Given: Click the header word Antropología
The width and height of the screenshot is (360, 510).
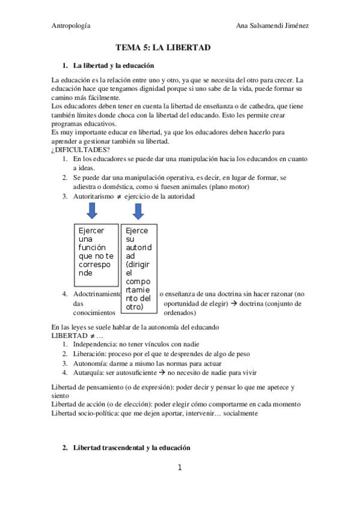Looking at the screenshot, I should pos(71,26).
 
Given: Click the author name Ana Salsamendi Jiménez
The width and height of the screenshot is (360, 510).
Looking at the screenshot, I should pos(273,26).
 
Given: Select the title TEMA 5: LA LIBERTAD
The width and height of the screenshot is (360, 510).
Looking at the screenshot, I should pos(163,48).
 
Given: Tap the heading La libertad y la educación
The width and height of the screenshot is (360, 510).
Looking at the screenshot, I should pos(114,65).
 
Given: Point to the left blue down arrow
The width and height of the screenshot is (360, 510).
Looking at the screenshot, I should pos(91,211).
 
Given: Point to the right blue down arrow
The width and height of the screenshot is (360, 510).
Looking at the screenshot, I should pos(138,211).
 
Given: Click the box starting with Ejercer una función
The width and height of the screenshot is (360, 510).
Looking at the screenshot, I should pos(97,252).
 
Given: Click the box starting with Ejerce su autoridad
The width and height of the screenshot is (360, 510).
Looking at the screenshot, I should pos(139,268).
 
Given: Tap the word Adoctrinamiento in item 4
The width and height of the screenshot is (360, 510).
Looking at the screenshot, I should pos(97,294).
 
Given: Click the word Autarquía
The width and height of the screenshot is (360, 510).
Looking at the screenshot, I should pos(90,373).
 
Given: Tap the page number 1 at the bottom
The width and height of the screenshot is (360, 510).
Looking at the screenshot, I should pos(180,467).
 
